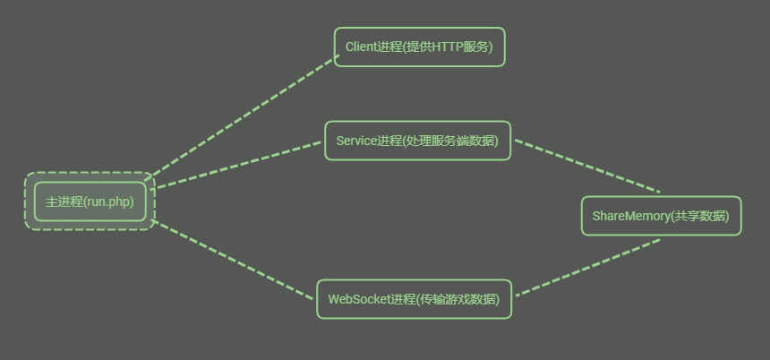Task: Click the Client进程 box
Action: point(419,47)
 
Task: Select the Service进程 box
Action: point(417,141)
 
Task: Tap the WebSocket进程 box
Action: point(414,299)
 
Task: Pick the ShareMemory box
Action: point(661,216)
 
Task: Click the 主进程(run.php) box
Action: point(90,201)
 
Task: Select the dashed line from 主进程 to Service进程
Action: point(238,164)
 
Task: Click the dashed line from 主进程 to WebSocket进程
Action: point(235,260)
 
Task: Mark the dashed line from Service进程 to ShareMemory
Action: point(586,166)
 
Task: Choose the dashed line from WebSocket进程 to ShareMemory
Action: point(586,267)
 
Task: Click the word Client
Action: point(361,47)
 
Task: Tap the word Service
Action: point(356,141)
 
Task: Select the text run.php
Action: point(108,201)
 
